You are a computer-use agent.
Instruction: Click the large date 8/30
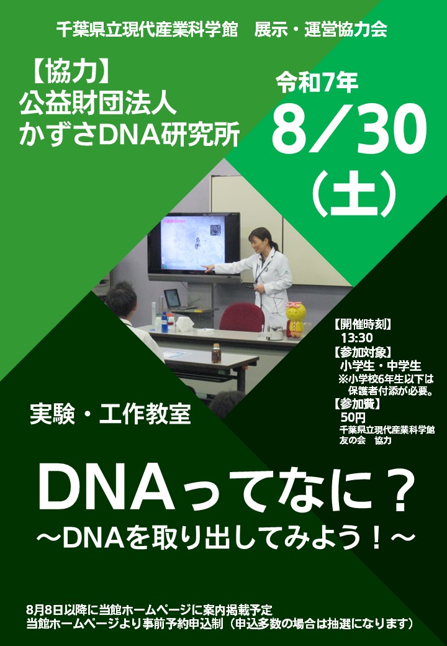coord(349,129)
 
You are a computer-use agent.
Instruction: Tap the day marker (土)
coord(354,194)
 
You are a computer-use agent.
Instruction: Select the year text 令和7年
coord(317,83)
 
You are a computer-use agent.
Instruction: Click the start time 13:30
coord(356,338)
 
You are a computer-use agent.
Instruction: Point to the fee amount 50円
coord(353,417)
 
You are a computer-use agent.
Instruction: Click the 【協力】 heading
coord(70,73)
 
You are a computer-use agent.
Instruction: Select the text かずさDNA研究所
coord(130,134)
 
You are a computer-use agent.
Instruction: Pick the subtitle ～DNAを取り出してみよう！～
coord(225,539)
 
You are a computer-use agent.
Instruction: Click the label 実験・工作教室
coord(111,414)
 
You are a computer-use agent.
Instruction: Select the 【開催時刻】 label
coord(362,324)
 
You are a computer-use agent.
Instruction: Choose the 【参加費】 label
coord(356,404)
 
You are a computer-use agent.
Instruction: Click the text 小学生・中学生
coord(381,365)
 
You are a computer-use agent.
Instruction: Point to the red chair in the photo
coord(243,317)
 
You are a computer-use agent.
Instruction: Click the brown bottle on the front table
coord(216,353)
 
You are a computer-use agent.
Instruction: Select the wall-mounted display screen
coord(194,245)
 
